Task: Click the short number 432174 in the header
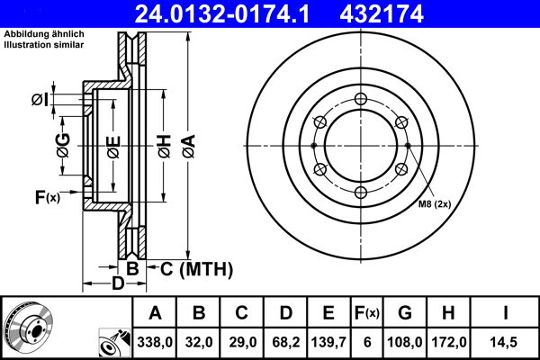pyautogui.click(x=406, y=13)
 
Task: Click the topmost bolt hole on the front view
pyautogui.click(x=360, y=99)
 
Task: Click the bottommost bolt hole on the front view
pyautogui.click(x=360, y=193)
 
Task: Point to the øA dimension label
pyautogui.click(x=187, y=146)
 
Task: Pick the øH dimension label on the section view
pyautogui.click(x=164, y=146)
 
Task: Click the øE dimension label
pyautogui.click(x=113, y=146)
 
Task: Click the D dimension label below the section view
pyautogui.click(x=117, y=285)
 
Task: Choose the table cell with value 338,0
pyautogui.click(x=155, y=342)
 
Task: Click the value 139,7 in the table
pyautogui.click(x=329, y=342)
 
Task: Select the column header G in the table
pyautogui.click(x=404, y=314)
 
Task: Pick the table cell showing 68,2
pyautogui.click(x=285, y=342)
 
